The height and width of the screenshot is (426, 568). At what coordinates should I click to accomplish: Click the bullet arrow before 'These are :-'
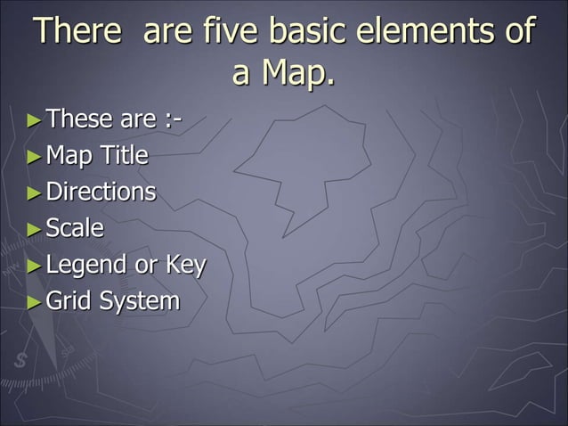34,119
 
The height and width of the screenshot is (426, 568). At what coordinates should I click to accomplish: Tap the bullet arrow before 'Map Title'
34,157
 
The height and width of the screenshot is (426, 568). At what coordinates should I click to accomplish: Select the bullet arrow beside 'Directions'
34,193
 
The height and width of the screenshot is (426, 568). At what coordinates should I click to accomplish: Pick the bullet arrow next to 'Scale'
34,229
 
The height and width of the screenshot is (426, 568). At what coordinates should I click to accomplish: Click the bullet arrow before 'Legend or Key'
34,266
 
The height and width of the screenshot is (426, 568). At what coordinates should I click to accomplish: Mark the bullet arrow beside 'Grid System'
34,302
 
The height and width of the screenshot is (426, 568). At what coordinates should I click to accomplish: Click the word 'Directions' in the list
101,192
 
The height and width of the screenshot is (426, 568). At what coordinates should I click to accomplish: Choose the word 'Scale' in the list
75,228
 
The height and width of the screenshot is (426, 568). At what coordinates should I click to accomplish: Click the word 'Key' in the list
184,266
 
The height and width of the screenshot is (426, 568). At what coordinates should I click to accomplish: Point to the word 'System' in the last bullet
139,302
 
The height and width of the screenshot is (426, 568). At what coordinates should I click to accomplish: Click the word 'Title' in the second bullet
124,156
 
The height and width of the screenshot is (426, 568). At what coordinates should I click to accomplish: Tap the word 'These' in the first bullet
79,118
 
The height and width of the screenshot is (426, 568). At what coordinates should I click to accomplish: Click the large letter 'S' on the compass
20,362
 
